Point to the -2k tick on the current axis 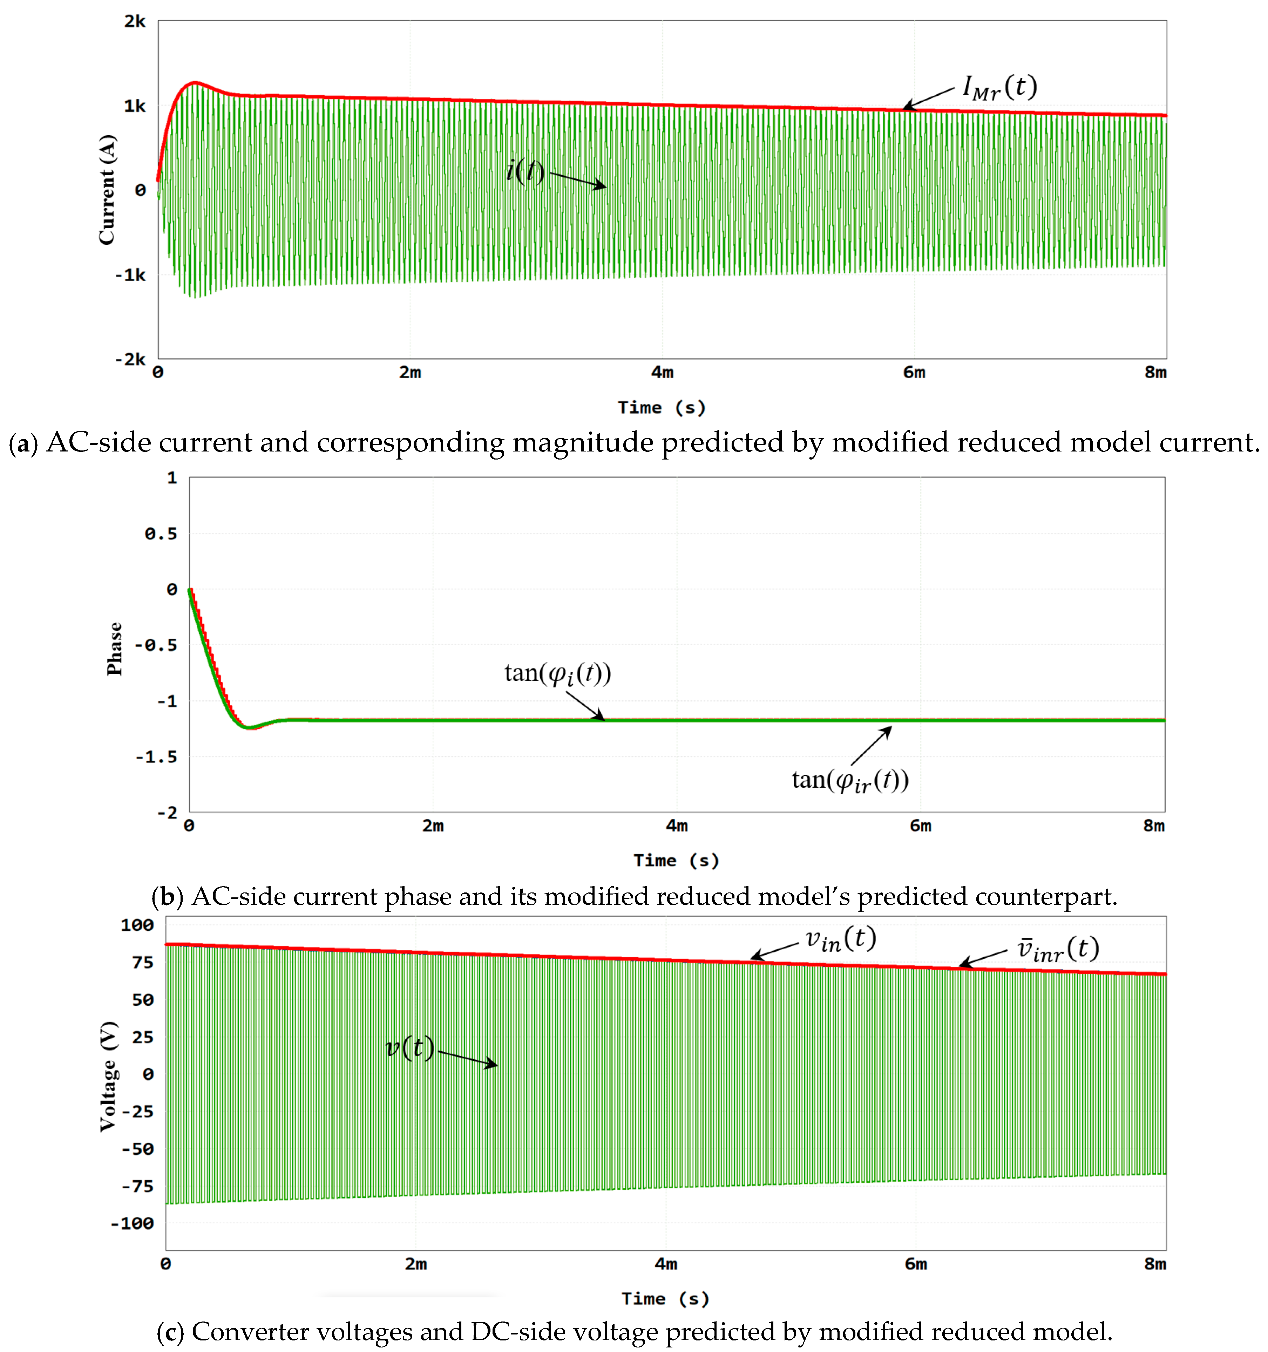pos(131,359)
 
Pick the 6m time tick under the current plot pos(914,373)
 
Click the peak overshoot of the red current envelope pos(195,83)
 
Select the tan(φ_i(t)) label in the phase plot pos(557,673)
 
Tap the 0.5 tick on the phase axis pos(161,534)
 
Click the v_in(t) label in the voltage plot pos(841,939)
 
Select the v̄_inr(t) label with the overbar pos(1058,949)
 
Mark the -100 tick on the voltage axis pos(133,1223)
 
